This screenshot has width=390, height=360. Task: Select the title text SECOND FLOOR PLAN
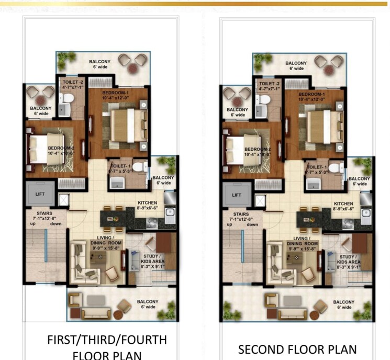point(297,350)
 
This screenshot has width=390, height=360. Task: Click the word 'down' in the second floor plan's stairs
point(252,224)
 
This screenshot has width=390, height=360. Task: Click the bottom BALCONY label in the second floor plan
point(343,304)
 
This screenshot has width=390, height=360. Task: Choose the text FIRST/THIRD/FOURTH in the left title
point(107,340)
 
